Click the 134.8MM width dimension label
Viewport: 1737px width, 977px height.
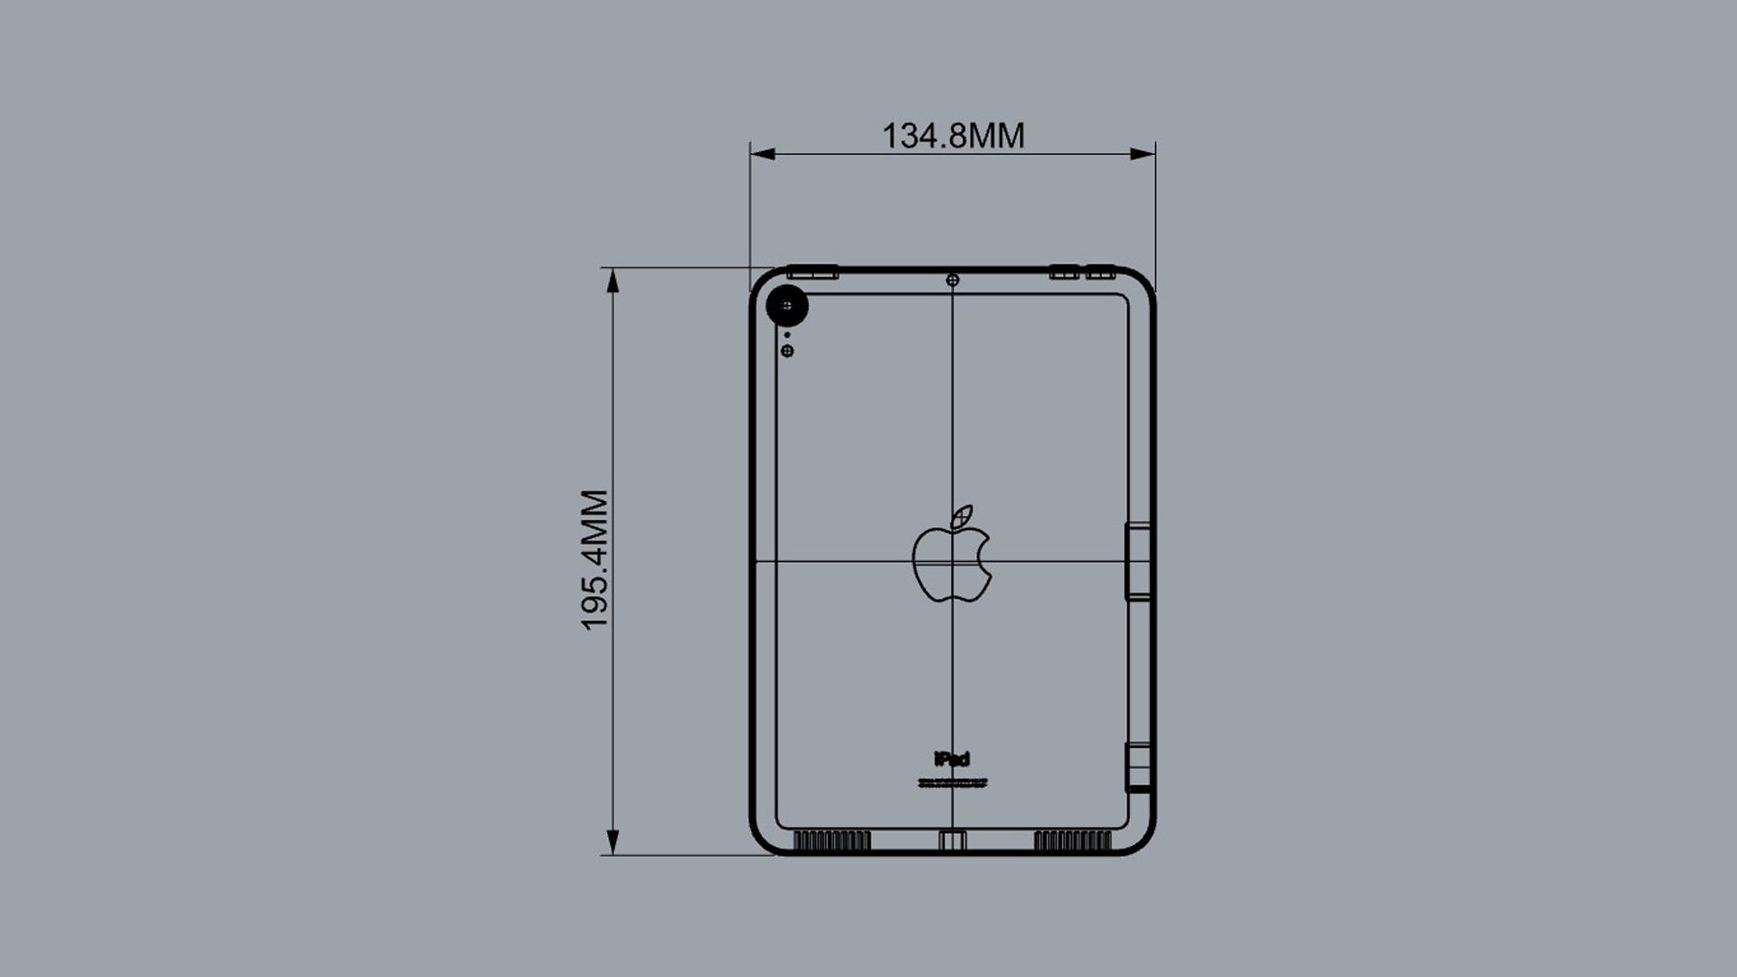953,136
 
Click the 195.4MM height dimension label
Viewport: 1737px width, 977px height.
594,560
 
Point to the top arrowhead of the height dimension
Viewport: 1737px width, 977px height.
612,281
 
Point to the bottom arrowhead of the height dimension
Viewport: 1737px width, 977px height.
612,842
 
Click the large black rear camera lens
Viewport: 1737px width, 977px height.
787,307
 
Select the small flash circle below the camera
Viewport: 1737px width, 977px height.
787,351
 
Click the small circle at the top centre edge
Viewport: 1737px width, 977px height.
952,280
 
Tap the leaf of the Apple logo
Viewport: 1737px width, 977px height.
963,517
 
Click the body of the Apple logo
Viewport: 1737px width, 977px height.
950,565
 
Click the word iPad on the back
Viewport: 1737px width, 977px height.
952,759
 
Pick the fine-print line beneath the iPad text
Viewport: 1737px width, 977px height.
952,783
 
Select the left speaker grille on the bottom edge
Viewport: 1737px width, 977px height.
831,841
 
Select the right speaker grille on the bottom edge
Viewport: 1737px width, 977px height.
1072,841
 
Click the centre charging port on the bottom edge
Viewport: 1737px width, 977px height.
952,841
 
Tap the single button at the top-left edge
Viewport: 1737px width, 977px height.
812,271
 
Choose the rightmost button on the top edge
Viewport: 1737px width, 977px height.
1100,271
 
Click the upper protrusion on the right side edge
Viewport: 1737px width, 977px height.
1138,561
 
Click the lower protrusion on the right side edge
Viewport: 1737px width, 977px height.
1139,767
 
